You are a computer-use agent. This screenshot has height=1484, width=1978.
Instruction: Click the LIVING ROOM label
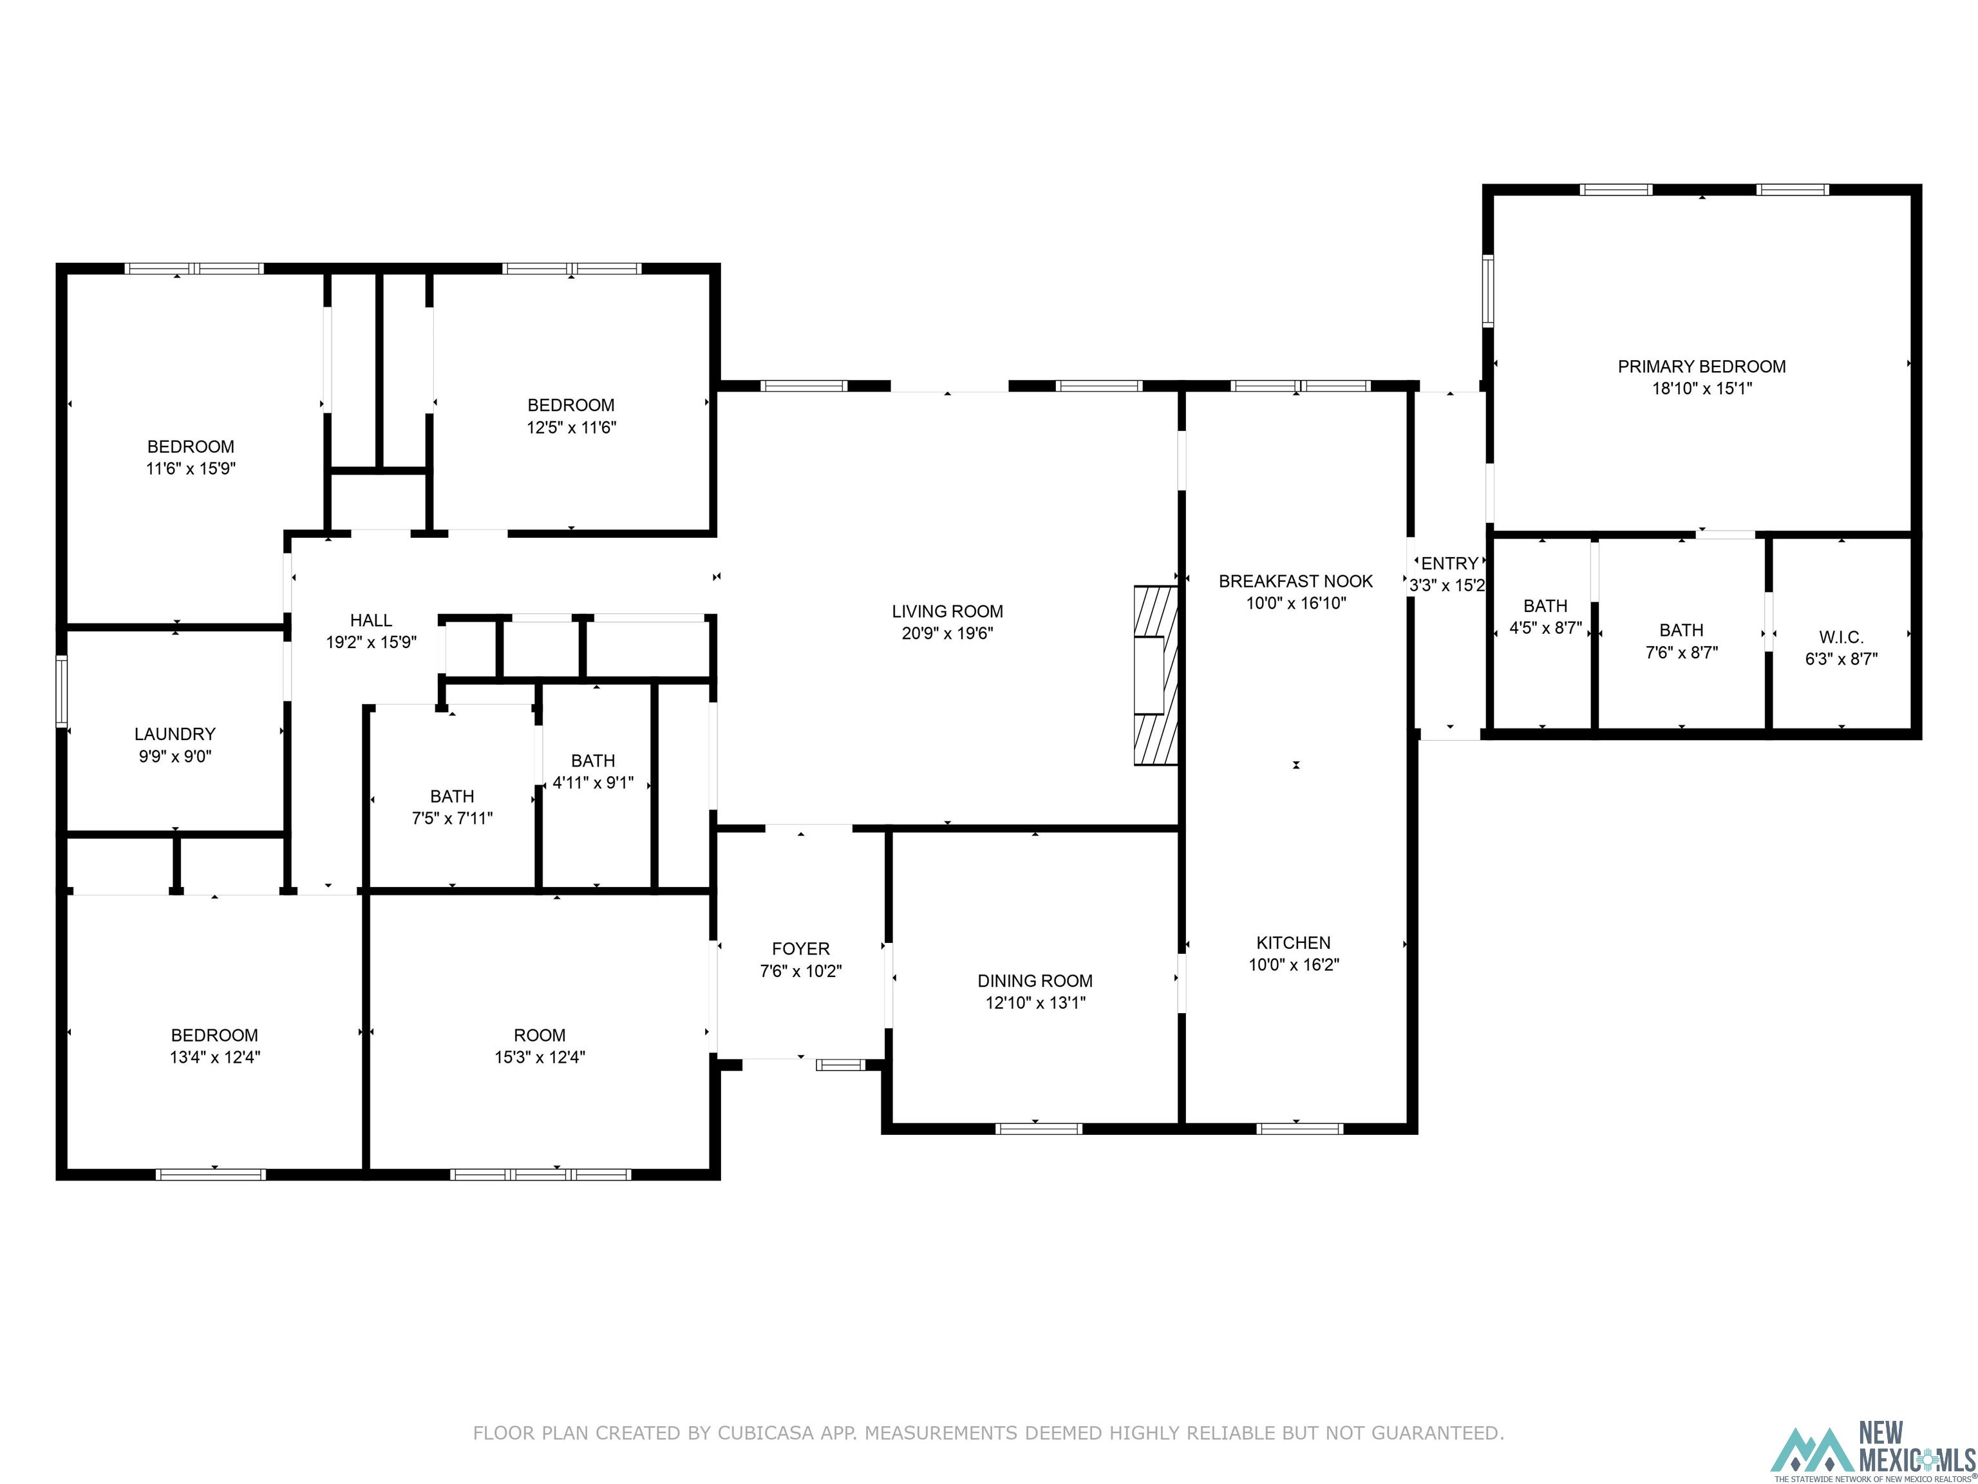point(947,611)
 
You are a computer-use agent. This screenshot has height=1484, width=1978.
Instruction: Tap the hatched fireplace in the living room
point(1155,676)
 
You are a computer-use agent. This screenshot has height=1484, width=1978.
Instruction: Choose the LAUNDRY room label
point(174,734)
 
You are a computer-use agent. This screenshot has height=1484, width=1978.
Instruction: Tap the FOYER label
point(800,948)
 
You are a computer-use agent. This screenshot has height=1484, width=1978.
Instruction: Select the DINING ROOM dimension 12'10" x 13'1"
point(1035,1003)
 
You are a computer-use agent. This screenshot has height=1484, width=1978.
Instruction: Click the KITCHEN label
point(1293,942)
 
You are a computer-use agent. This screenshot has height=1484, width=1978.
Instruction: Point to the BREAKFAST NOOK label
point(1295,580)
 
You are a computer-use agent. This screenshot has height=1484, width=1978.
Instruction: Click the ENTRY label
point(1449,564)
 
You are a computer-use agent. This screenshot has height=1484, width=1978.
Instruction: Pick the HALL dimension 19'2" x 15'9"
point(371,642)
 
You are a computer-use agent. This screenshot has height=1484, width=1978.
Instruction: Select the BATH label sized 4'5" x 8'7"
point(1544,605)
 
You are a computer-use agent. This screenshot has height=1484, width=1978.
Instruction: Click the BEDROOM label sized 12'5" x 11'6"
point(570,405)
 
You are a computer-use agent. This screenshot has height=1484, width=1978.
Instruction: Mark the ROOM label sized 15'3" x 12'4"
point(539,1035)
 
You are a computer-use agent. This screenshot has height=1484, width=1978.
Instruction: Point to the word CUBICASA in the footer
point(764,1433)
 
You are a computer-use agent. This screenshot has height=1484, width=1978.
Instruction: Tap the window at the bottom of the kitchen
point(1299,1129)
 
